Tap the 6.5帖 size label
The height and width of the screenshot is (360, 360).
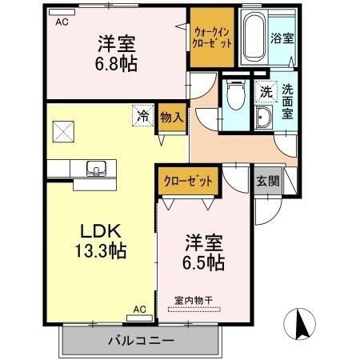[x=204, y=262]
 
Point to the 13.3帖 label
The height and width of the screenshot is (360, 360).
[x=98, y=251]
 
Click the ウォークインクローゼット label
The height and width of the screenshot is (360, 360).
[x=212, y=37]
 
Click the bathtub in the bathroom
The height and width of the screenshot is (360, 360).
[x=254, y=38]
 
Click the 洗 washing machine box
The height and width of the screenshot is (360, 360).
[x=265, y=91]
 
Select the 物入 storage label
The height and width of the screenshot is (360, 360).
[x=170, y=116]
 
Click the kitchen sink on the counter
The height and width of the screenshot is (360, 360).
[x=96, y=169]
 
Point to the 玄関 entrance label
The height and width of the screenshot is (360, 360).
[x=267, y=181]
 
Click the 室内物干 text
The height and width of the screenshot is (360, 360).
[x=195, y=300]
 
